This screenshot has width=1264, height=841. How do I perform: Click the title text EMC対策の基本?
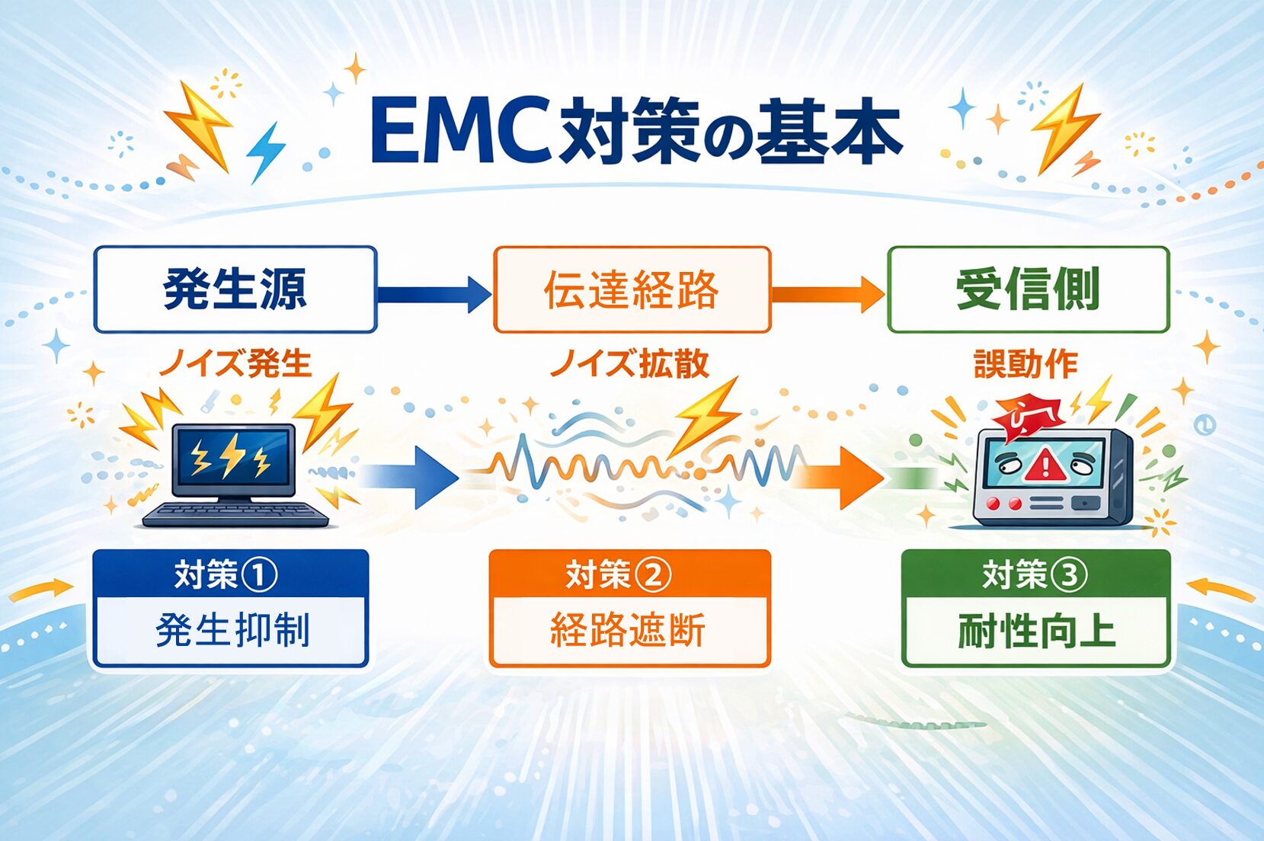click(x=636, y=132)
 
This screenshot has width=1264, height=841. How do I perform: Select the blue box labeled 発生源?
click(x=235, y=289)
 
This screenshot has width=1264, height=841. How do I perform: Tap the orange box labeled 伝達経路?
click(x=632, y=289)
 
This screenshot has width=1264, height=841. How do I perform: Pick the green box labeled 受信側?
click(x=1028, y=289)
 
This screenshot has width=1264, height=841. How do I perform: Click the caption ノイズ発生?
click(x=235, y=363)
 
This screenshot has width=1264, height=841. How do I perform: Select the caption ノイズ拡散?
click(x=629, y=363)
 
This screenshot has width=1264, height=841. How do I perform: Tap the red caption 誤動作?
click(x=1026, y=364)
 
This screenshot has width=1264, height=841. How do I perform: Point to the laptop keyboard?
click(x=235, y=514)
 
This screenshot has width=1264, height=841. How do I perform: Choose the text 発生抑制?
click(x=232, y=631)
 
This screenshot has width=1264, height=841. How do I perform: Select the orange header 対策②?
click(x=619, y=574)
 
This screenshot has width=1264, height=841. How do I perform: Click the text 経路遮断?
click(x=628, y=631)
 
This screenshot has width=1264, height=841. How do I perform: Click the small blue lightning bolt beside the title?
click(x=266, y=152)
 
